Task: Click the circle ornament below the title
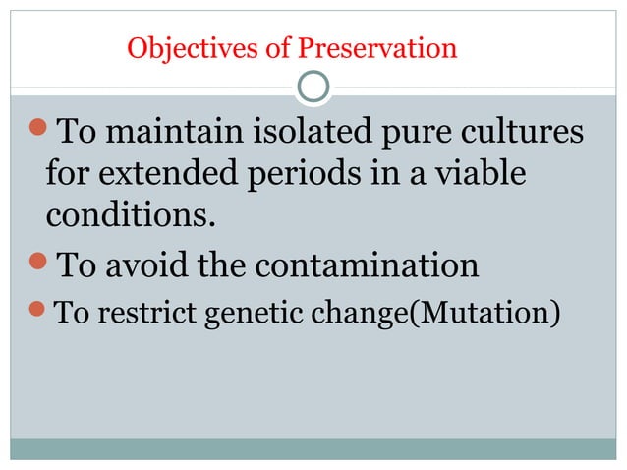(313, 88)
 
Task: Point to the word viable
(477, 174)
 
